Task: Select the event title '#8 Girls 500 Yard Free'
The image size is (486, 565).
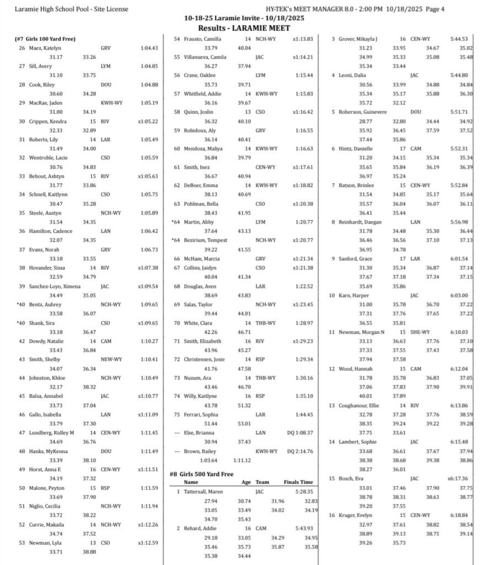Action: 201,474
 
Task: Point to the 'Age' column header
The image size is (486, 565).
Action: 247,482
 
